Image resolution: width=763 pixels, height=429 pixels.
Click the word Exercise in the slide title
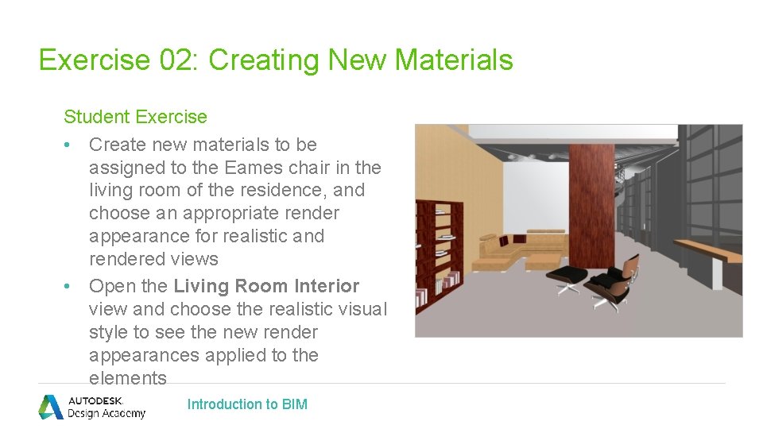pos(94,60)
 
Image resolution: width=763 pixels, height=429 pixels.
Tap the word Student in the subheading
pos(95,117)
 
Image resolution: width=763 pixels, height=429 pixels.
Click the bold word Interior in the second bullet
pos(326,286)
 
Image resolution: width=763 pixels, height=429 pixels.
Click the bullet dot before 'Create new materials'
pos(70,145)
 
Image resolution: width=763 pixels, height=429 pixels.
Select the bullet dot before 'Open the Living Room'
pos(70,286)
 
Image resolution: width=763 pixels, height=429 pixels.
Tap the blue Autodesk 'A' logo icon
pos(51,406)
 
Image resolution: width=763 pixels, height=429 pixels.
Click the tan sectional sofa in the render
pos(525,246)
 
